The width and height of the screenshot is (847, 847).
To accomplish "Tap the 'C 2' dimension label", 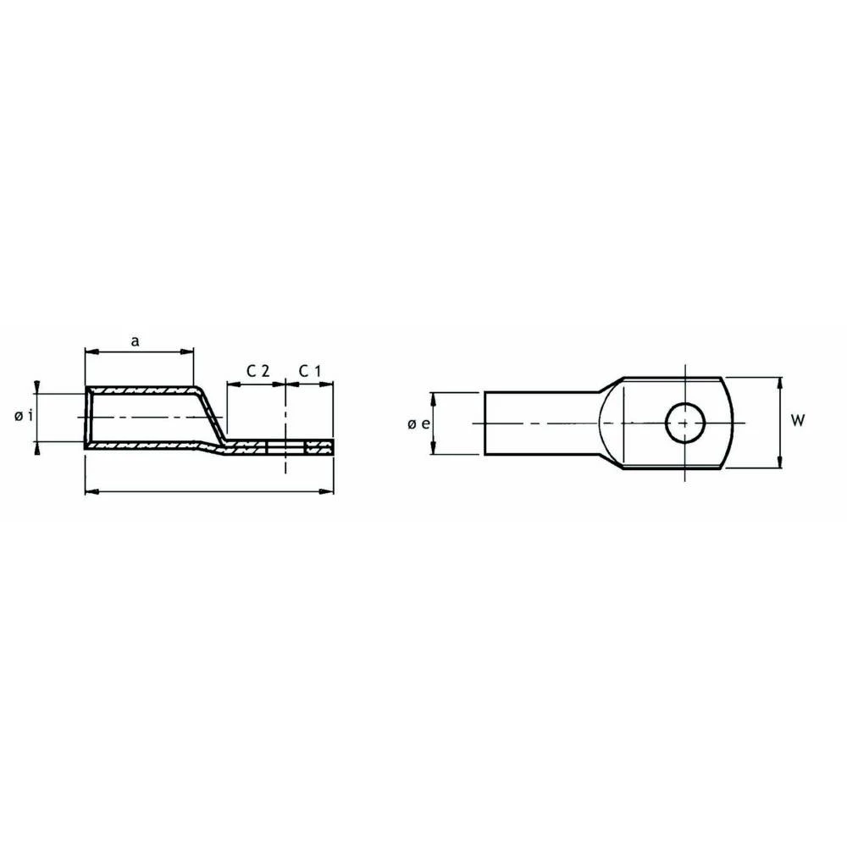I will click(x=257, y=371).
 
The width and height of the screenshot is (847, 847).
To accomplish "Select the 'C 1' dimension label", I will click(x=309, y=371).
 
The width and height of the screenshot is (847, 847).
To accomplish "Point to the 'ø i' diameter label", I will click(x=24, y=416).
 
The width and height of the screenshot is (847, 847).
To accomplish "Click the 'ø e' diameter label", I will click(x=415, y=423).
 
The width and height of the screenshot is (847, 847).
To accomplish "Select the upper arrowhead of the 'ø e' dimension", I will click(x=433, y=396).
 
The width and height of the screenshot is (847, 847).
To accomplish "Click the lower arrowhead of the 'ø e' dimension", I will click(x=433, y=450).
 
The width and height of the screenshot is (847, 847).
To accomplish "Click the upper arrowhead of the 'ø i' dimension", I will click(x=37, y=389).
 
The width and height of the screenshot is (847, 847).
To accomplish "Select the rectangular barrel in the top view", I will click(x=538, y=423).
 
